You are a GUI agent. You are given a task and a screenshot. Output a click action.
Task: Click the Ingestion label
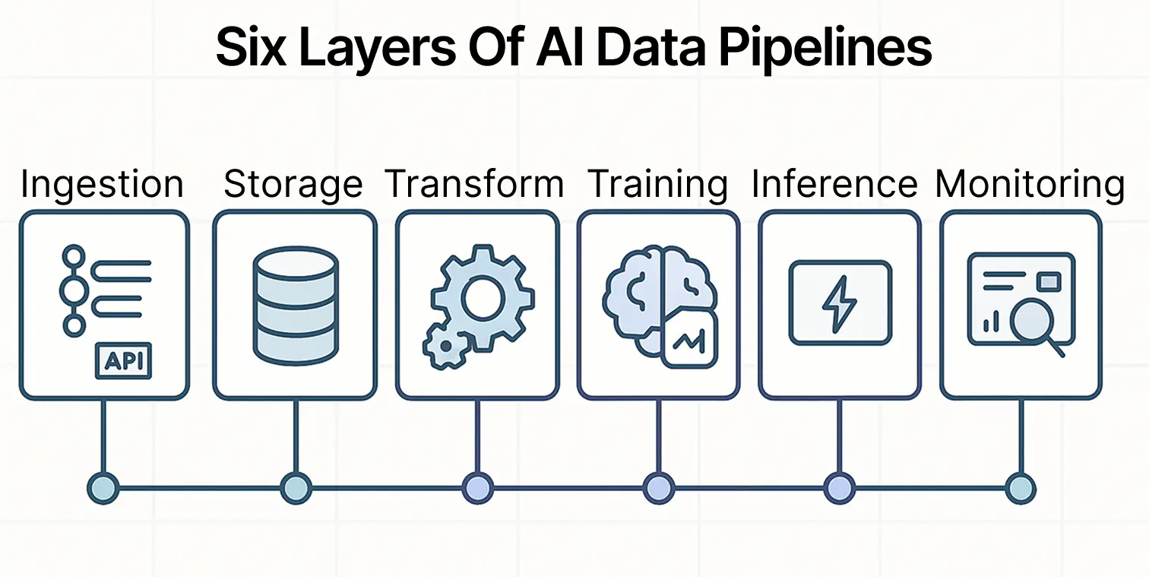pyautogui.click(x=102, y=185)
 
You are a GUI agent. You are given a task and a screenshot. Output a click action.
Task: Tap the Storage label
pyautogui.click(x=293, y=185)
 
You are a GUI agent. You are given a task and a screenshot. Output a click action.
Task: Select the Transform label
pyautogui.click(x=475, y=185)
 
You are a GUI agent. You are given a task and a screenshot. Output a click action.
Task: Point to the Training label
pyautogui.click(x=658, y=185)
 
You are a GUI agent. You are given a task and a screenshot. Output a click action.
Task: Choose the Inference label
pyautogui.click(x=834, y=185)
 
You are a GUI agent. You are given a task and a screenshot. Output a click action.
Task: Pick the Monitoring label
pyautogui.click(x=1030, y=185)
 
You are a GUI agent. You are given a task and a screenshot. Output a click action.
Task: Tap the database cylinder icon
pyautogui.click(x=295, y=306)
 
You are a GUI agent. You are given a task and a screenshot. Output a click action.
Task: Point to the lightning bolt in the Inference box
pyautogui.click(x=840, y=303)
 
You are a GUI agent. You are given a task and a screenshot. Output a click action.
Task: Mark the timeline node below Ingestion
pyautogui.click(x=103, y=488)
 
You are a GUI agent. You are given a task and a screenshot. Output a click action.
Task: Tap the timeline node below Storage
pyautogui.click(x=296, y=488)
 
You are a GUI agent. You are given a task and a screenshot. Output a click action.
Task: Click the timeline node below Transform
pyautogui.click(x=477, y=488)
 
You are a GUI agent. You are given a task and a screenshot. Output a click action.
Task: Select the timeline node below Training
pyautogui.click(x=658, y=488)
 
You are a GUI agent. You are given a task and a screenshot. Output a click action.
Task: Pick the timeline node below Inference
pyautogui.click(x=839, y=488)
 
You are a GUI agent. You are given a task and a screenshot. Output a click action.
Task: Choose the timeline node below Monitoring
pyautogui.click(x=1021, y=488)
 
